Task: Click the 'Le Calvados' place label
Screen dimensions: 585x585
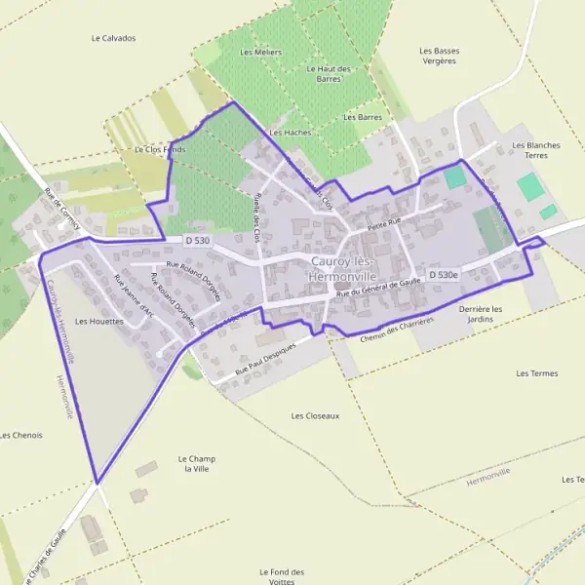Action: (x=113, y=39)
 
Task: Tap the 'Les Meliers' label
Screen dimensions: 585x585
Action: (x=260, y=52)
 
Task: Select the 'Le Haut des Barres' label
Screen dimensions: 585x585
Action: (x=328, y=75)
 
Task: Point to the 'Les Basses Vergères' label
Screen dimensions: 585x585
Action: (x=439, y=56)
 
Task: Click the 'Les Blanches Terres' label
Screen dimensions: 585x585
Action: (x=536, y=150)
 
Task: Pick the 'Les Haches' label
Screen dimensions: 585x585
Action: (x=290, y=132)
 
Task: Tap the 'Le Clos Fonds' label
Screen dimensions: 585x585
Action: (x=160, y=149)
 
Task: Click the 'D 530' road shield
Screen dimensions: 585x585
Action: (x=197, y=240)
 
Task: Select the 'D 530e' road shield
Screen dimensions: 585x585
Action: (x=444, y=275)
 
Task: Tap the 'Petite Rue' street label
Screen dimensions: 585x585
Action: (x=384, y=224)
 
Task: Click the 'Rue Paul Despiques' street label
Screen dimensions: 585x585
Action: (x=267, y=365)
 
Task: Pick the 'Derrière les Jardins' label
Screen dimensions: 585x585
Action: (x=481, y=314)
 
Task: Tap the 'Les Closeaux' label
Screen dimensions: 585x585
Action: (x=315, y=415)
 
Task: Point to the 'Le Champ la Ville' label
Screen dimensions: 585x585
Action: (x=196, y=463)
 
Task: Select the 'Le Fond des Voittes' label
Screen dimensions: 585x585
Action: (x=283, y=576)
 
